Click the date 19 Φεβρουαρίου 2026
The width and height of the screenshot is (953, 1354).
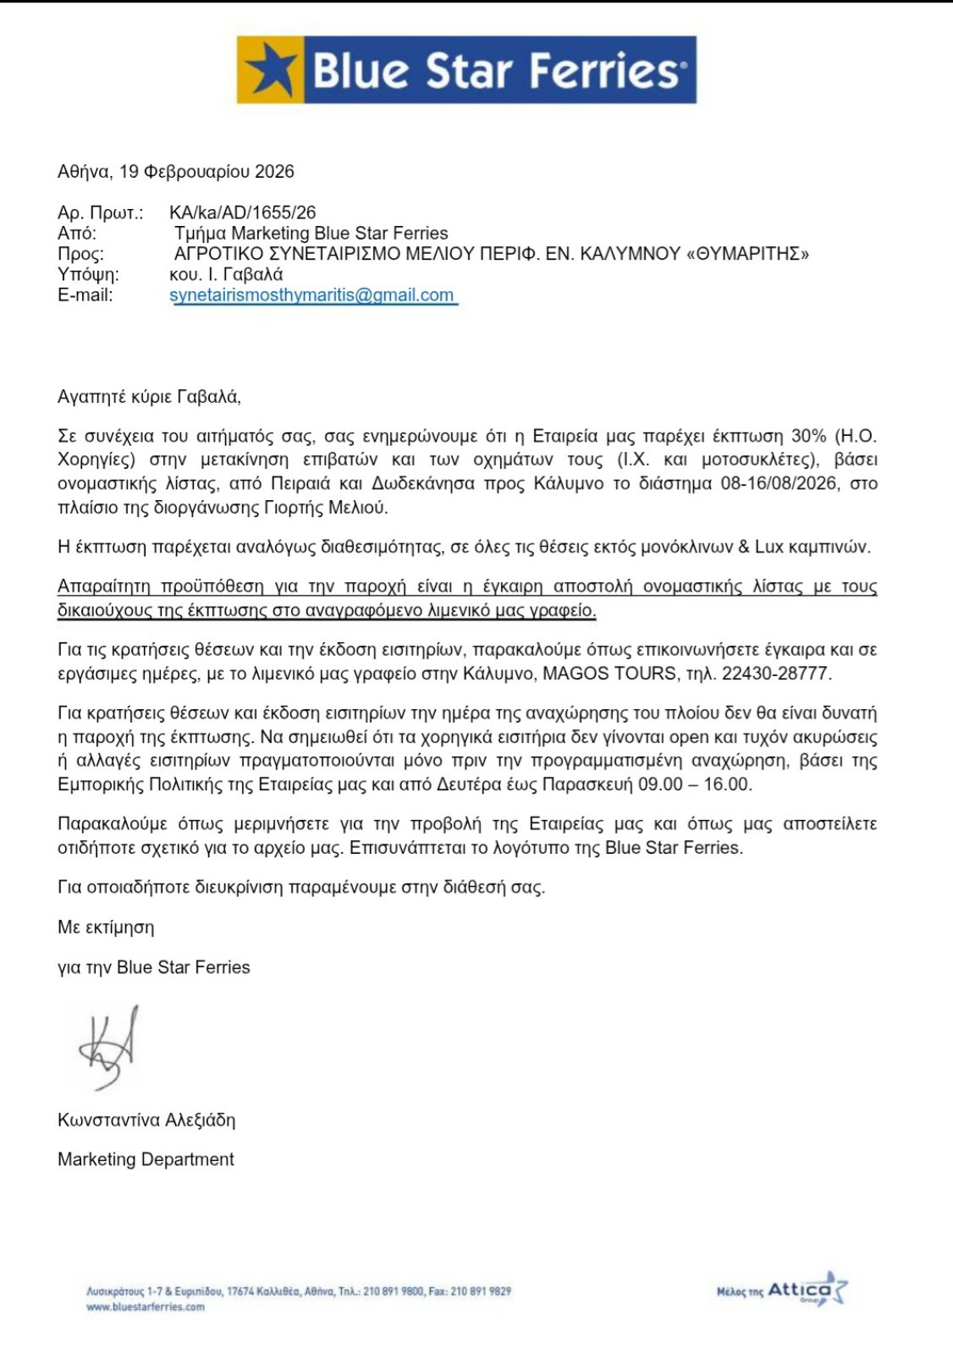(207, 172)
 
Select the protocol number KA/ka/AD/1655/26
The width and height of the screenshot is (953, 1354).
(243, 212)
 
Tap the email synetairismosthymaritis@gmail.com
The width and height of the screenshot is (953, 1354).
(312, 295)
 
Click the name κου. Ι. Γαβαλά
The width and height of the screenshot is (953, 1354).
(226, 274)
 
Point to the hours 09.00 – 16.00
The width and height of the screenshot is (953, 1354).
(694, 784)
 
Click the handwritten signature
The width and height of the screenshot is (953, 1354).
(108, 1048)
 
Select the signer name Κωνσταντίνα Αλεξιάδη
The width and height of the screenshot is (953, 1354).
(146, 1120)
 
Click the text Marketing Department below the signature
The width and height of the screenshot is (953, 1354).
(146, 1159)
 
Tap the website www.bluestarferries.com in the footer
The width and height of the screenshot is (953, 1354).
(146, 1307)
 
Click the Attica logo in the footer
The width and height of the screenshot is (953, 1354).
(804, 1291)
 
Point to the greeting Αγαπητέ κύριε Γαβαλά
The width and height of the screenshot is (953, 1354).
(149, 396)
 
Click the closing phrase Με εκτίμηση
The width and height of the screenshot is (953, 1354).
(106, 927)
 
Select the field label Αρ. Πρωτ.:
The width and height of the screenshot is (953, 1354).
(100, 212)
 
